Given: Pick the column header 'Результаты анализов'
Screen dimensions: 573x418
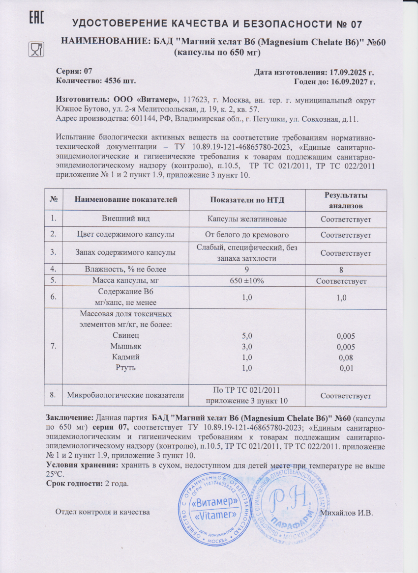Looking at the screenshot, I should (346, 200).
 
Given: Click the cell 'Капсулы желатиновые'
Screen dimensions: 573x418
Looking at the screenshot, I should (247, 219).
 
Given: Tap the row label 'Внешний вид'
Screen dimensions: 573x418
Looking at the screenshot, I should (125, 219).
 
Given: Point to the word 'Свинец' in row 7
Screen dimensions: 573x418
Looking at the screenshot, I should (125, 336).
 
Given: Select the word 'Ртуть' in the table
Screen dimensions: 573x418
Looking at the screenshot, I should (125, 367).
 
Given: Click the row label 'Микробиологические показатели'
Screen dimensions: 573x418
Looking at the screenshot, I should (125, 395).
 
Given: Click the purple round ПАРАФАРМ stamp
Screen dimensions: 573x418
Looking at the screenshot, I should (291, 502).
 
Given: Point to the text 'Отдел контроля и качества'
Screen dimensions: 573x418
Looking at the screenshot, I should (102, 513).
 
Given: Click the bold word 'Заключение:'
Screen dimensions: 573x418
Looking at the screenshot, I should (70, 418).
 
